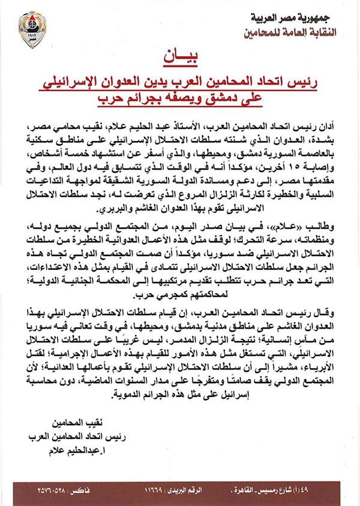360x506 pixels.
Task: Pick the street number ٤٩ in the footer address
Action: point(347,495)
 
